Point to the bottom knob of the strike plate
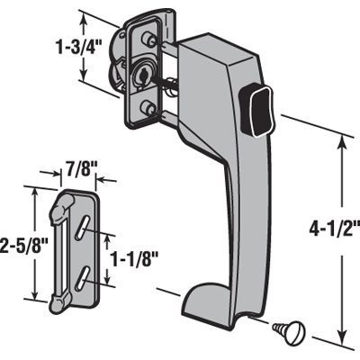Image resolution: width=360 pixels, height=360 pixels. click(x=56, y=302)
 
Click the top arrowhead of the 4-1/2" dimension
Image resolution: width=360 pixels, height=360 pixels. click(x=342, y=136)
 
